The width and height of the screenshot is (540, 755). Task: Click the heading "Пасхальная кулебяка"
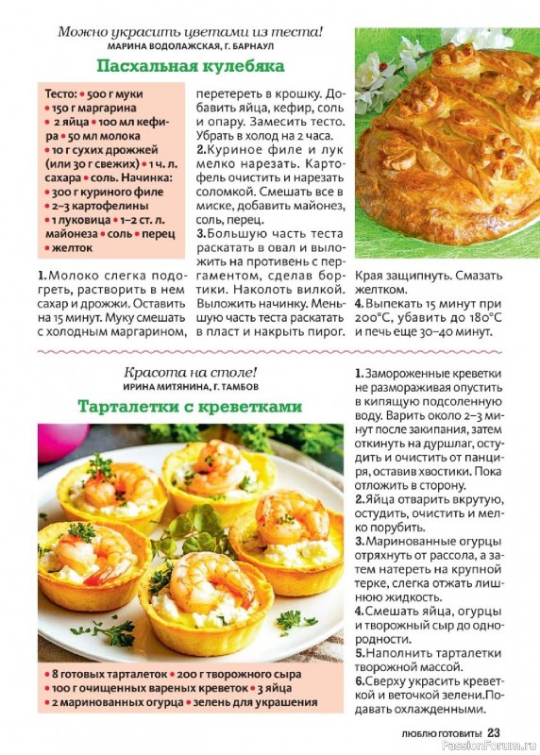pyautogui.click(x=190, y=66)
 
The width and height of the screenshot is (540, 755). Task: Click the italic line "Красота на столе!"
pyautogui.click(x=190, y=372)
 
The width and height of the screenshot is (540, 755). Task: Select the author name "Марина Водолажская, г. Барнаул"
pyautogui.click(x=190, y=45)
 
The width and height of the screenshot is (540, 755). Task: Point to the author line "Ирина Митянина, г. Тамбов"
pyautogui.click(x=190, y=387)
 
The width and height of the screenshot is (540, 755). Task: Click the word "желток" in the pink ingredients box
pyautogui.click(x=67, y=248)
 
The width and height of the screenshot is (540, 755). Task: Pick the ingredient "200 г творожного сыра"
pyautogui.click(x=241, y=675)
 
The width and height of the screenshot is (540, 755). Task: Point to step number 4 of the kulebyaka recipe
pyautogui.click(x=359, y=304)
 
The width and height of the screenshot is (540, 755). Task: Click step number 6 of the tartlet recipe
pyautogui.click(x=360, y=681)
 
